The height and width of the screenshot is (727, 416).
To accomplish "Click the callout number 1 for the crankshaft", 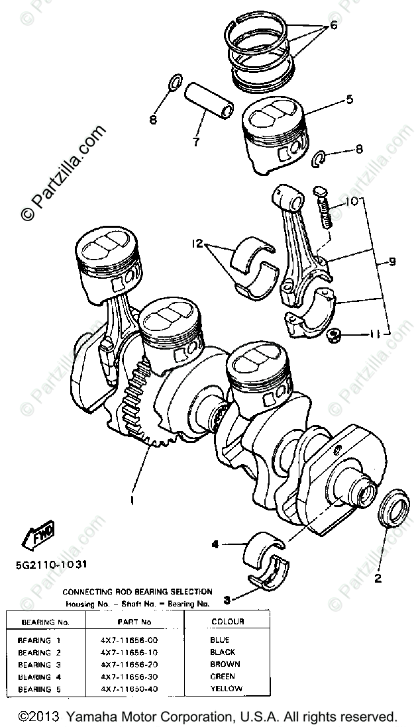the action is [132, 500].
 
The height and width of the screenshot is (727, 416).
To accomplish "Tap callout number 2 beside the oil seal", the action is [378, 578].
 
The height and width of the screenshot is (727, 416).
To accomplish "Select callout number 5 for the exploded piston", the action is [348, 100].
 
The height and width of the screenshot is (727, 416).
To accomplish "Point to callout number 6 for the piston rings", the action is [333, 26].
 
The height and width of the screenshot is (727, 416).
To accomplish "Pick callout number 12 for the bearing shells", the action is [197, 244].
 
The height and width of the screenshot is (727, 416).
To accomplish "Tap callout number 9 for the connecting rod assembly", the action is [392, 262].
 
